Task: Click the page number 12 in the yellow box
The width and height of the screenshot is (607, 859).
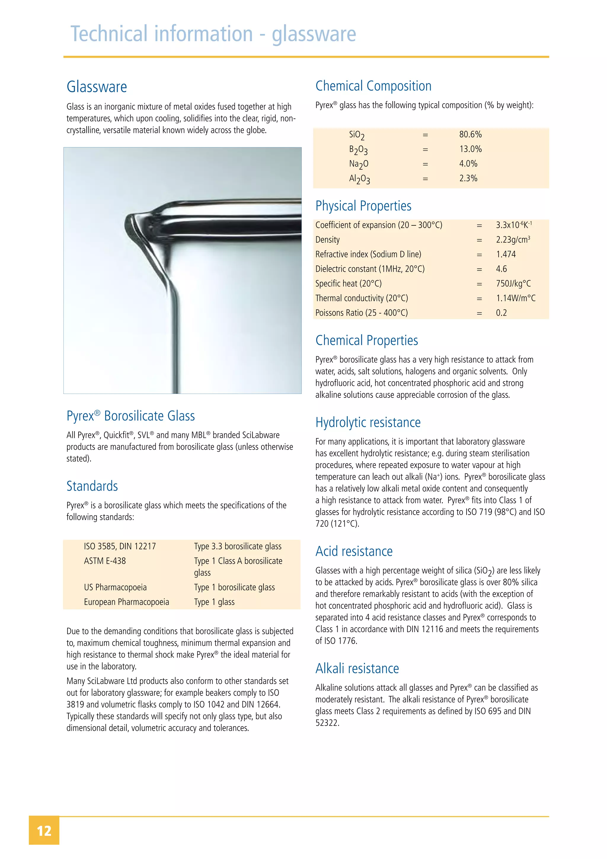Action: pos(44,831)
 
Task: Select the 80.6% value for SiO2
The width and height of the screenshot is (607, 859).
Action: pos(470,134)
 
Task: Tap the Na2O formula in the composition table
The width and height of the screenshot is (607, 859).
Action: pos(358,164)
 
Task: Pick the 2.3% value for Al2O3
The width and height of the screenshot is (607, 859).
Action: pos(468,179)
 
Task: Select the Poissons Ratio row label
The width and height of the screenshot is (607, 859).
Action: pos(361,313)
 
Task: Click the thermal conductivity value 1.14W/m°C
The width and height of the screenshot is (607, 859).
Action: pos(515,298)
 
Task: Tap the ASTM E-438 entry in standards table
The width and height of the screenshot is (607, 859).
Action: pos(105,561)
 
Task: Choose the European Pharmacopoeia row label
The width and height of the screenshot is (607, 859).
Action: pos(126,602)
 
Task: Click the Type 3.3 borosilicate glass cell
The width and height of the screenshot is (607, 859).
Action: pos(237,546)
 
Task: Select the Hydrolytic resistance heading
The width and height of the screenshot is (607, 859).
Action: pos(368,422)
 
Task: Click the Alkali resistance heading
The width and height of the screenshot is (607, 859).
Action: pos(357,669)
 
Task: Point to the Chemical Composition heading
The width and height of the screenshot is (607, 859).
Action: pos(373,86)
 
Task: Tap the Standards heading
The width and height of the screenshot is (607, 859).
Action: pos(92,486)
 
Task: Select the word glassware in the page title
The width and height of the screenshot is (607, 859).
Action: pos(314,34)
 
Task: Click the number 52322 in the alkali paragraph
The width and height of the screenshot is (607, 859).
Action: pos(327,723)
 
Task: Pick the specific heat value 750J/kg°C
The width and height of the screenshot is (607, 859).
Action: pos(513,284)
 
